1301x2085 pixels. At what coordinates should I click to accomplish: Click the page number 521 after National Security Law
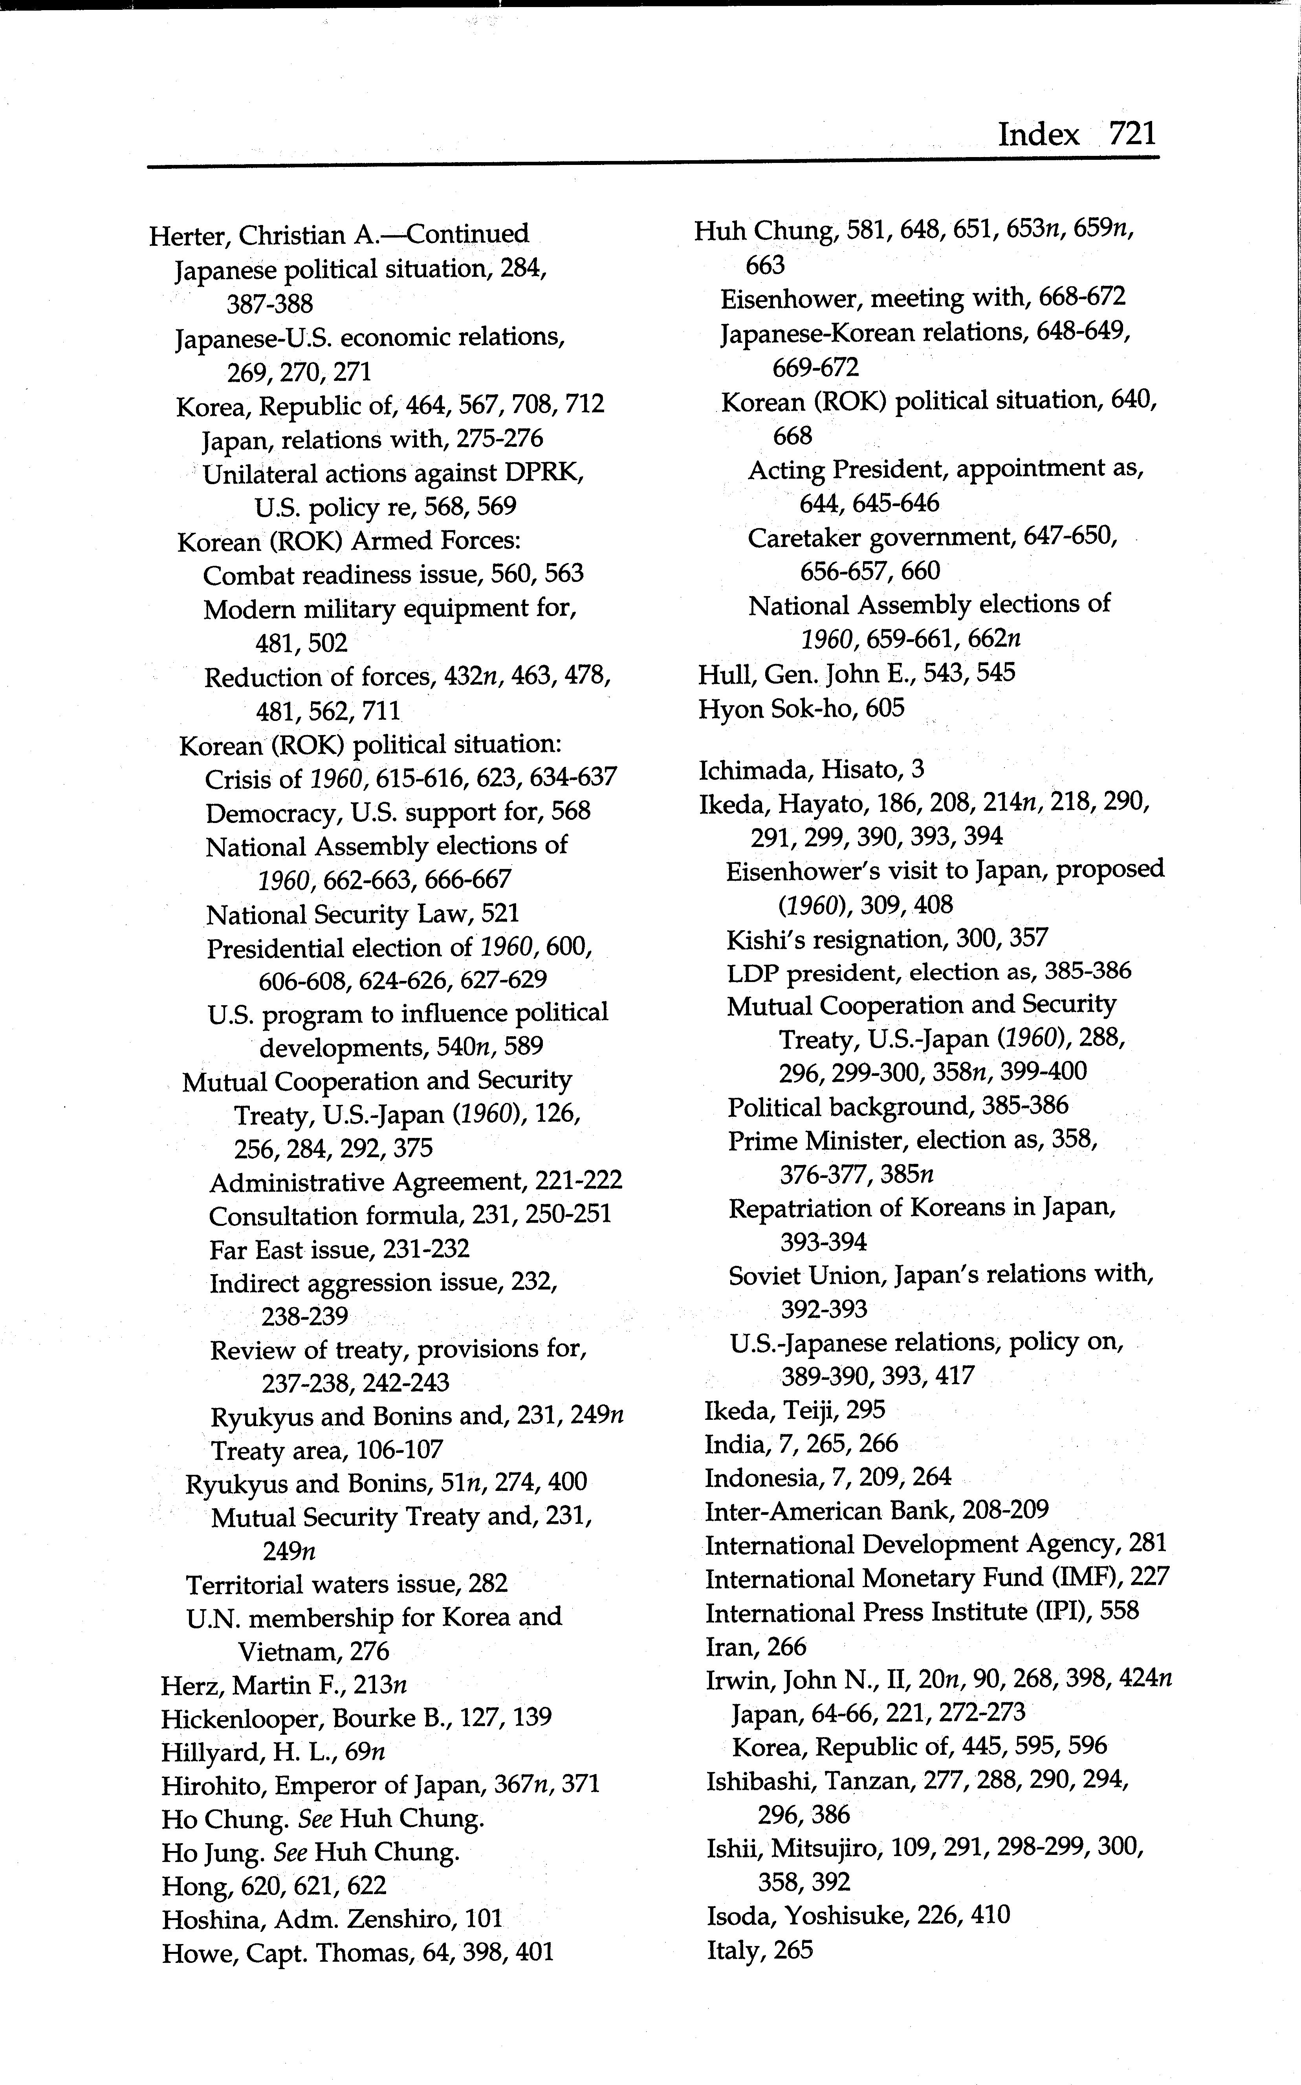coord(500,913)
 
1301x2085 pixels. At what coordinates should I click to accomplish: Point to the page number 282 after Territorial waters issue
coord(489,1584)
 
